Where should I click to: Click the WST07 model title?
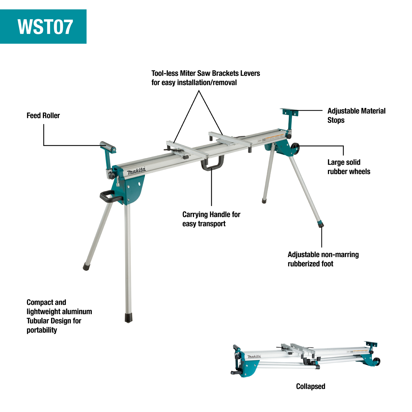45,27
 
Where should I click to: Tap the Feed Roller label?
43,116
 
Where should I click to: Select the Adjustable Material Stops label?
356,116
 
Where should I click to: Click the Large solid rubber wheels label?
349,167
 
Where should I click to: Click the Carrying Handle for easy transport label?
211,219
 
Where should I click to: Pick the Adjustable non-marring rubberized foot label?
323,259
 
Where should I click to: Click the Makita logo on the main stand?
136,171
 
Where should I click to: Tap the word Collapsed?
310,386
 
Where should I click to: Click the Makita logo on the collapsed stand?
254,357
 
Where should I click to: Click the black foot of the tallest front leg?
128,318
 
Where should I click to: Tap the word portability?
42,330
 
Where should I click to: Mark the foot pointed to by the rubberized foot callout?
321,225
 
